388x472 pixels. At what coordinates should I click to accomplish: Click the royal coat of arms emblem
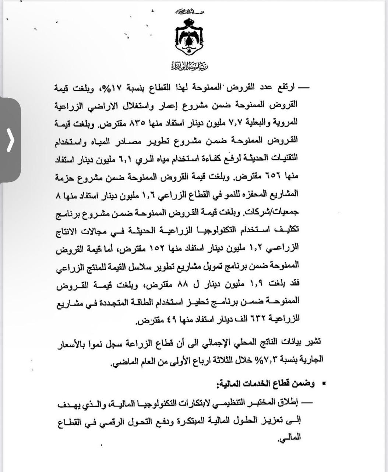[x=190, y=37]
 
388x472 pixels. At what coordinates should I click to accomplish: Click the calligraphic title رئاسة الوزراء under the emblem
[x=190, y=66]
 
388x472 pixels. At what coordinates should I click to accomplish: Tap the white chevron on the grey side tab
[x=10, y=140]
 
